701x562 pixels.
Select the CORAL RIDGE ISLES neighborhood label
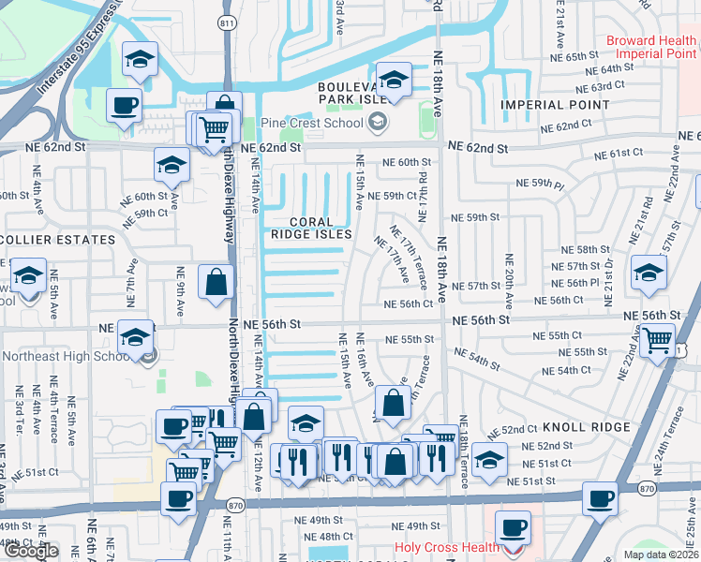point(313,228)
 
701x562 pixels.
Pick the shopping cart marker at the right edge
point(659,339)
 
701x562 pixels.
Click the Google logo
point(32,551)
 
